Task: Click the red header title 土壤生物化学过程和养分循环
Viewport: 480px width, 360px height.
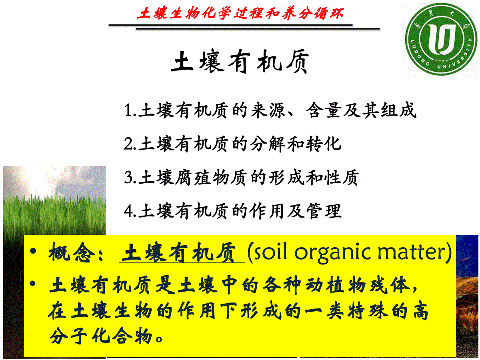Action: (240, 13)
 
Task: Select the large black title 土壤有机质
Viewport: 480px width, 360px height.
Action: (240, 62)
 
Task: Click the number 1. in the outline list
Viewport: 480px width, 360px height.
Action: (130, 110)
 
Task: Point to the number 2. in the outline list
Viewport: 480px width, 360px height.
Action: (130, 144)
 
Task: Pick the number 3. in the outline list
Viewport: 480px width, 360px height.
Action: (130, 178)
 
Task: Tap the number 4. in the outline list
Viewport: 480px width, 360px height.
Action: (130, 211)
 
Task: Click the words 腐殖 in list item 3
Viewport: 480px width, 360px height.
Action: (193, 178)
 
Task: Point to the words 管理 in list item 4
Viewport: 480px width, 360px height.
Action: (324, 211)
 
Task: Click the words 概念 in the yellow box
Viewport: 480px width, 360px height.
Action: (72, 252)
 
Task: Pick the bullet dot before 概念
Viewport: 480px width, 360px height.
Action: (33, 251)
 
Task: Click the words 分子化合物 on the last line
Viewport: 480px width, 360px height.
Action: (101, 336)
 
